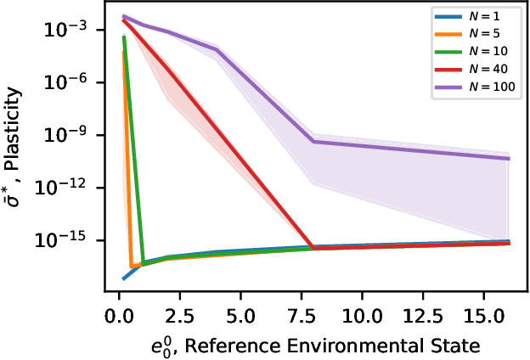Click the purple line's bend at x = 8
click(313, 141)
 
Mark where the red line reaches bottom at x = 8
click(313, 248)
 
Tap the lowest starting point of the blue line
click(124, 278)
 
